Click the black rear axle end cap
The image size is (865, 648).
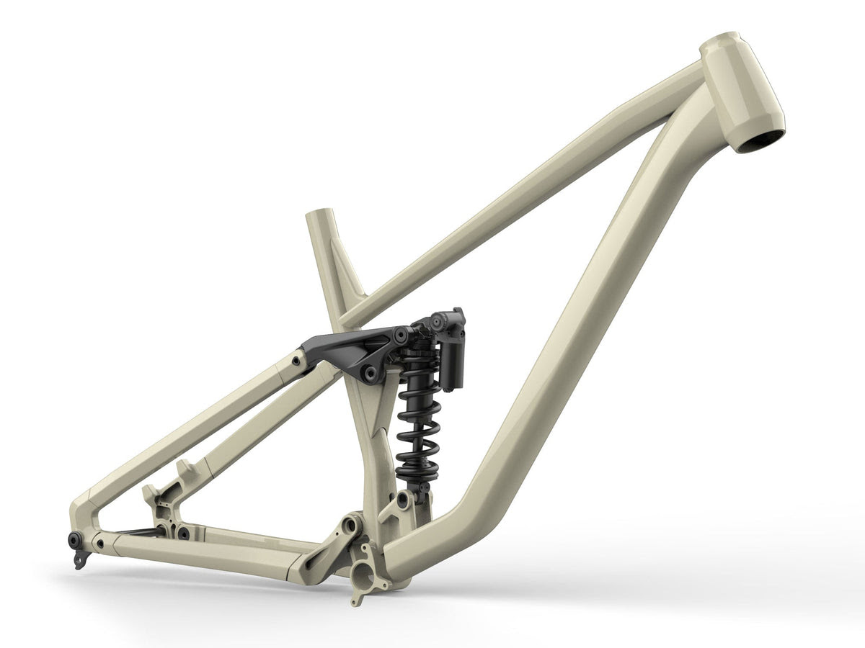click(x=75, y=539)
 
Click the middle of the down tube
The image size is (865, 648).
click(x=577, y=324)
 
